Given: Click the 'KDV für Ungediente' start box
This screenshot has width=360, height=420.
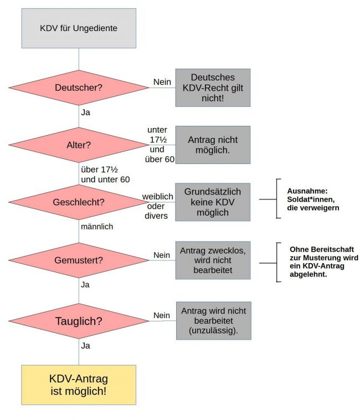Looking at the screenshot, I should click(79, 28).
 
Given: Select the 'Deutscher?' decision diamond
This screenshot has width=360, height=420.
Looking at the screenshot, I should click(79, 88).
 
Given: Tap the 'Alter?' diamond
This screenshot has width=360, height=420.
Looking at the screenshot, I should click(79, 145).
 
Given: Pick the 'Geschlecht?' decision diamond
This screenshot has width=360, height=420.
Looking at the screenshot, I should click(79, 202).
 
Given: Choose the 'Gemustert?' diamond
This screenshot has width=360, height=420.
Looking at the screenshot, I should click(79, 259).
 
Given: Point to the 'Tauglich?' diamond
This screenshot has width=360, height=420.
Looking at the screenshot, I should click(79, 320).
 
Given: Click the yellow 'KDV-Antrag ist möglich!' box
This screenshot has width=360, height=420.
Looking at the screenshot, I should click(79, 385).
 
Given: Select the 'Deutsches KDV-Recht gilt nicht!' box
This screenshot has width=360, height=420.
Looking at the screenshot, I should click(213, 88).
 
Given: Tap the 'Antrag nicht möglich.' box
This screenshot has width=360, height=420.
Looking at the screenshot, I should click(213, 145).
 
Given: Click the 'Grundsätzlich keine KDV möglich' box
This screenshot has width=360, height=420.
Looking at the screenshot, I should click(213, 202).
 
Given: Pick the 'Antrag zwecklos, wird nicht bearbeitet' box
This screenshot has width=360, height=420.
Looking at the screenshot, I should click(213, 259).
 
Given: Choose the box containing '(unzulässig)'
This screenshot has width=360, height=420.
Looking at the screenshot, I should click(213, 320).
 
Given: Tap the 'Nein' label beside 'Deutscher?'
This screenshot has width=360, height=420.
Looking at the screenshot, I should click(162, 82).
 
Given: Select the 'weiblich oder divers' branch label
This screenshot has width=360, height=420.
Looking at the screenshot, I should click(157, 207).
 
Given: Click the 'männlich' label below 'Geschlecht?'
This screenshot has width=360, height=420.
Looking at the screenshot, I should click(97, 227).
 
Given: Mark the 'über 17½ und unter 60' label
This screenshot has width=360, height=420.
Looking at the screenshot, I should click(105, 174).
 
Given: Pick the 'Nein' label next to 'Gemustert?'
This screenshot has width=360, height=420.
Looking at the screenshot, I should click(162, 254).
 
